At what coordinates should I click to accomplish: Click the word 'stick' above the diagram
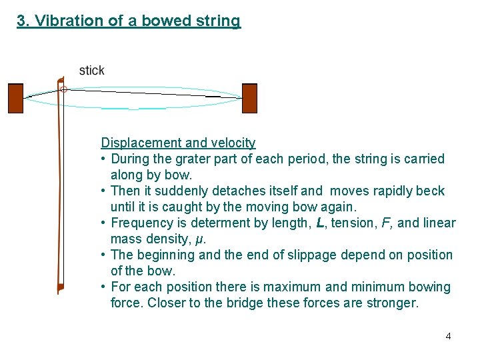click(x=91, y=70)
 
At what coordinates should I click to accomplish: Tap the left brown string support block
click(x=15, y=98)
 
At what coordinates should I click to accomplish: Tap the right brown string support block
click(x=249, y=98)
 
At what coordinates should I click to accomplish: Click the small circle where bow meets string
click(x=63, y=89)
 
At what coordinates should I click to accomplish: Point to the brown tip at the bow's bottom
click(x=60, y=287)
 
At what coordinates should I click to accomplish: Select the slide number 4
click(x=448, y=336)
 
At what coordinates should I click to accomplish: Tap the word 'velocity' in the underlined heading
click(x=231, y=142)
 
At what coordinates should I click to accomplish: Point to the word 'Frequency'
click(x=139, y=223)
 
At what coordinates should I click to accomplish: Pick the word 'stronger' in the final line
click(x=392, y=303)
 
